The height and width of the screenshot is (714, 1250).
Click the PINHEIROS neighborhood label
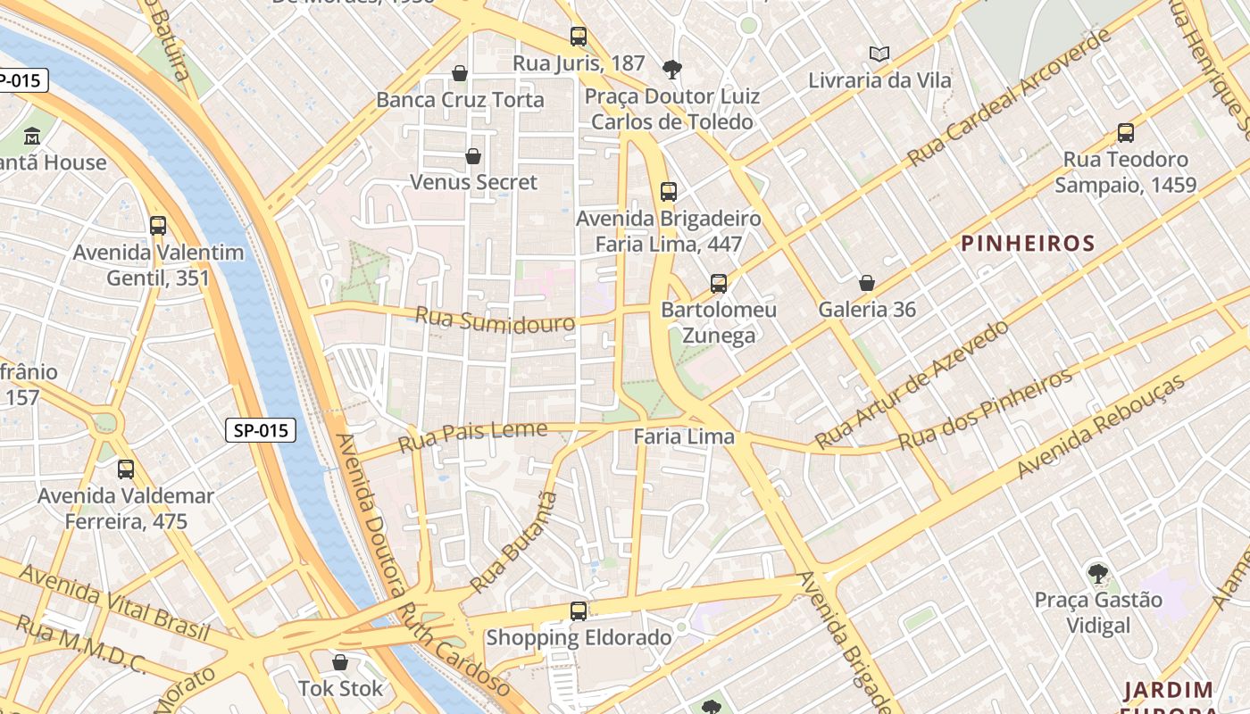click(x=1028, y=243)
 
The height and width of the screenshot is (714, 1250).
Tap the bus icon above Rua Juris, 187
click(x=579, y=37)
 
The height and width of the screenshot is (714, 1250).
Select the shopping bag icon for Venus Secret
click(x=473, y=156)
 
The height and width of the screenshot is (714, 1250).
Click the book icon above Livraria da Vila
click(x=879, y=54)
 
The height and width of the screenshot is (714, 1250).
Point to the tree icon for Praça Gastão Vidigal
click(x=1098, y=573)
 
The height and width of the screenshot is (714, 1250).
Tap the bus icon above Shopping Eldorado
click(x=579, y=611)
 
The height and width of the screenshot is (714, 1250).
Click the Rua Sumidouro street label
click(x=496, y=320)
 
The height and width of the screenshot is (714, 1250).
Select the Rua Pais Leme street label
click(x=472, y=436)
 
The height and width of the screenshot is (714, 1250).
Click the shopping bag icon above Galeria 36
click(x=866, y=284)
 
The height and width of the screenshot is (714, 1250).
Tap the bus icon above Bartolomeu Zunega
click(x=719, y=284)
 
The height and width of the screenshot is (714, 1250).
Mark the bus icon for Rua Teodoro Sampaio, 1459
click(x=1126, y=133)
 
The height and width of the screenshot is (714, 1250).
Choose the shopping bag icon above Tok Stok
click(x=339, y=662)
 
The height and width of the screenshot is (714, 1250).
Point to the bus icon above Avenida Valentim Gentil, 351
click(x=158, y=226)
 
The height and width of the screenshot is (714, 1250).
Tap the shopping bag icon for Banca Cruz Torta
click(x=460, y=73)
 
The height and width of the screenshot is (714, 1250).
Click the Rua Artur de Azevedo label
click(x=912, y=385)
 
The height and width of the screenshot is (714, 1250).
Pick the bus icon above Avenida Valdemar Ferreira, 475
click(x=126, y=469)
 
